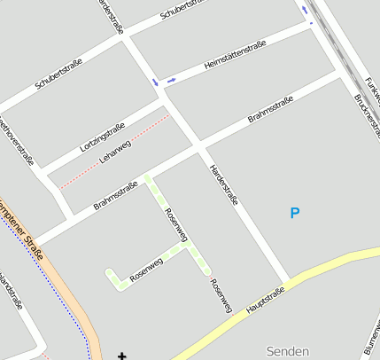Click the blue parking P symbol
click(x=295, y=213)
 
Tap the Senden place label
click(x=288, y=351)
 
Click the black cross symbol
click(x=121, y=356)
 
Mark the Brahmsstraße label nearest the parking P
click(x=270, y=112)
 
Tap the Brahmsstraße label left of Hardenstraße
click(x=115, y=195)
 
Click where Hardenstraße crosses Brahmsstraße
click(x=199, y=143)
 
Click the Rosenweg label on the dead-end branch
click(x=146, y=268)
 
